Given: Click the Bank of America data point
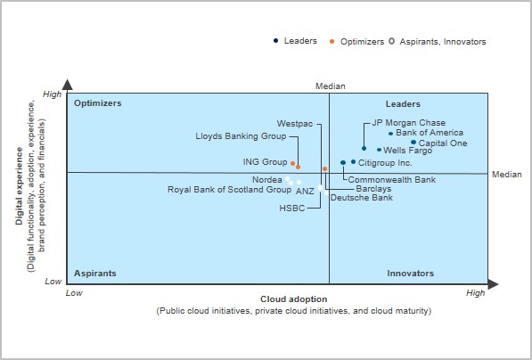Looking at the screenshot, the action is pos(390,134).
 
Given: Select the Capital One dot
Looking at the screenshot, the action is pos(413,143).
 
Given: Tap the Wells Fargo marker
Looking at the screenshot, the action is pos(379,150).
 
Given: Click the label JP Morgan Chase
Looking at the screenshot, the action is pos(408,122).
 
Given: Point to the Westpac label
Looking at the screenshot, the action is pos(295,124).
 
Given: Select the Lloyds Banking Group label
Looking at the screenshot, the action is pos(241,136).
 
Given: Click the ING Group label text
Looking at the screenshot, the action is pos(265,162).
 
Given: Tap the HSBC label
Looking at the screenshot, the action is pos(292,208).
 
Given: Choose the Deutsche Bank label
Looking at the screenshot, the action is pos(361,198).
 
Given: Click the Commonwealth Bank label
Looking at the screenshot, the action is pos(392,179).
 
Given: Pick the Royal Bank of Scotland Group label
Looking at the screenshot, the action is pos(229,189).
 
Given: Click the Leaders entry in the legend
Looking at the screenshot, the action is pos(300,41).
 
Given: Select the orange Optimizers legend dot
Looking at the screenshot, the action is pos(331,42).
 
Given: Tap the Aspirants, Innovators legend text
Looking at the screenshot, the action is pos(443,42).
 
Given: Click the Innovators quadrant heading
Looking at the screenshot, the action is pos(410,274).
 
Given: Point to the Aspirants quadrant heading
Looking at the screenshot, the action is pos(95,274).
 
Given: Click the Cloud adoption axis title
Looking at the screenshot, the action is pos(294,299).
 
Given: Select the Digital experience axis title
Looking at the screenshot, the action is pos(19,186).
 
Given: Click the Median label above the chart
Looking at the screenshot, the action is pos(330,86).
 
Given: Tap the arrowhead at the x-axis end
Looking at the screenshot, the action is pos(493,284).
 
